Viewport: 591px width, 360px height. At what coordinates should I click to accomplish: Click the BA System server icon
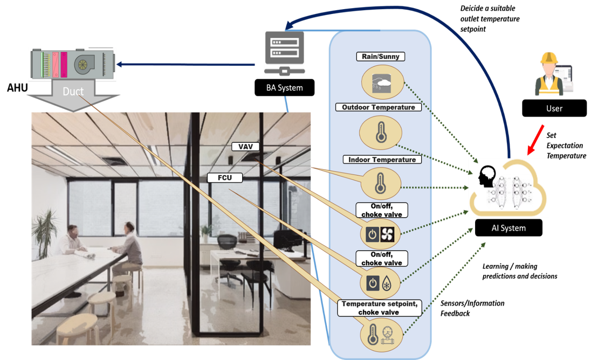284,53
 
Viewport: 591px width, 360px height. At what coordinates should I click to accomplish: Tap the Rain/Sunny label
381,57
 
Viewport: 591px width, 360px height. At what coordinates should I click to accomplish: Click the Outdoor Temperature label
379,107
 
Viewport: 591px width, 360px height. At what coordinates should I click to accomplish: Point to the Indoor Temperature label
382,160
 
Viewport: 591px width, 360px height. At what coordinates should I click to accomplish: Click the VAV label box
242,147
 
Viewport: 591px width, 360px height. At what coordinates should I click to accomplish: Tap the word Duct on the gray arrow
73,92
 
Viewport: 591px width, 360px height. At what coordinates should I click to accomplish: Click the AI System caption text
508,228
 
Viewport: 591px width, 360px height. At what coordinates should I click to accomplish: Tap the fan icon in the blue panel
388,234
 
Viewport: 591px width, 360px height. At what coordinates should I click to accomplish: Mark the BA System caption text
285,88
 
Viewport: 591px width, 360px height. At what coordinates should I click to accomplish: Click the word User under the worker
554,108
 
